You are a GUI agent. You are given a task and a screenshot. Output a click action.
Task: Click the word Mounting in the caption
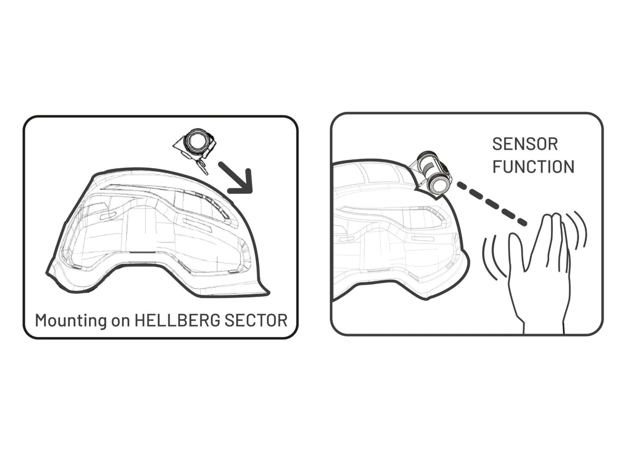pos(71,321)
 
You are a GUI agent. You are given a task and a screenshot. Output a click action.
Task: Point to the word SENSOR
pos(525,144)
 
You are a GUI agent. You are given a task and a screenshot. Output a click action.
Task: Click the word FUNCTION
pos(533,167)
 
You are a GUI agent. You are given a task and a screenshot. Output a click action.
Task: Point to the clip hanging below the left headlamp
pos(202,167)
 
